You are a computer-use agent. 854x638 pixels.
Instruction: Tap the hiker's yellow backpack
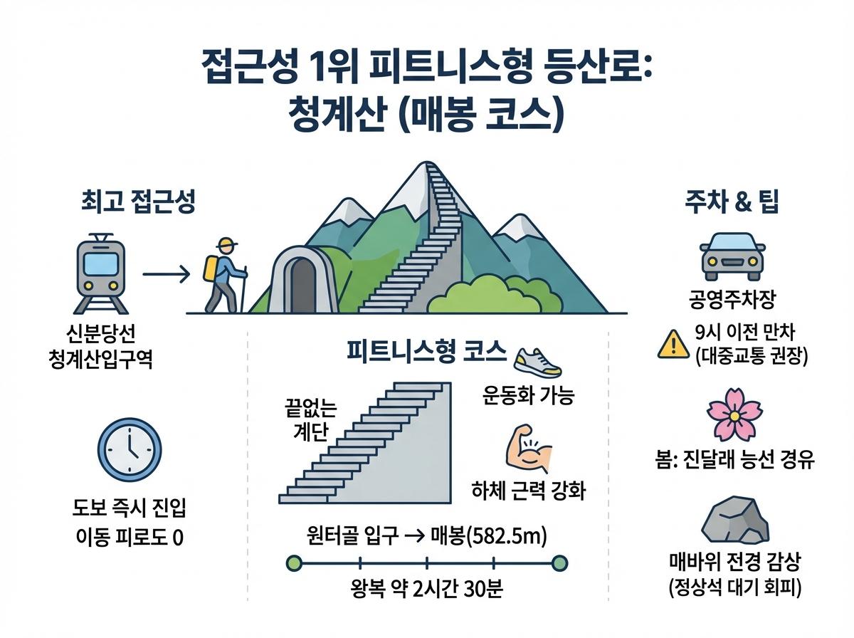click(x=211, y=268)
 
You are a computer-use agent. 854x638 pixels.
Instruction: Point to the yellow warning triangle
click(x=670, y=345)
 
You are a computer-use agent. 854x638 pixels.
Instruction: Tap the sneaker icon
click(x=538, y=363)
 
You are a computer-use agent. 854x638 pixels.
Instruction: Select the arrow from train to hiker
click(x=166, y=273)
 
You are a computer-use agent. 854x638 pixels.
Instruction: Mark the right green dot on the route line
click(x=560, y=563)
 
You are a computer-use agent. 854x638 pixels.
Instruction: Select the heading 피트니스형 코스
click(x=426, y=350)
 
